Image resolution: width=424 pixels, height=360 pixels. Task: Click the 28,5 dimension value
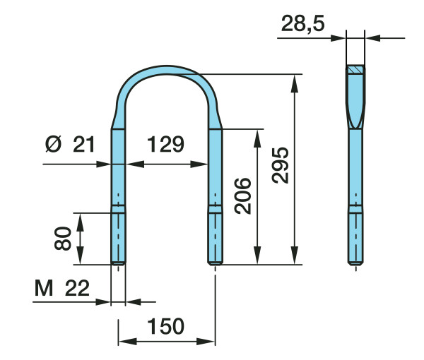point(302,24)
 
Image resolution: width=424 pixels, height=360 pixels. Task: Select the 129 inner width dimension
point(165,144)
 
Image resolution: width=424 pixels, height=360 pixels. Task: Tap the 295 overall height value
point(281,165)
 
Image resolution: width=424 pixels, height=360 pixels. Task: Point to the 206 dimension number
point(242,196)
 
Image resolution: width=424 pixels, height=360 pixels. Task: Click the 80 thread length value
point(62,239)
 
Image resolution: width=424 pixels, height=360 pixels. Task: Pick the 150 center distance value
point(165,326)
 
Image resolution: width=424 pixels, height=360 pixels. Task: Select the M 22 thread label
point(62,288)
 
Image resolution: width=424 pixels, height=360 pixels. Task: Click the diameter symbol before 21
point(53,144)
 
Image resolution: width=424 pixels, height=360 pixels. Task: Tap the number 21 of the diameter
point(83,144)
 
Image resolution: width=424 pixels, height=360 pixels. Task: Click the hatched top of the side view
point(355,69)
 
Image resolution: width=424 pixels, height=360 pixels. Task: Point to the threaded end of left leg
point(118,239)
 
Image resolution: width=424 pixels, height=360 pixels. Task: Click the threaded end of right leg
point(216,239)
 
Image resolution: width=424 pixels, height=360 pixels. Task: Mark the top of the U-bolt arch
point(167,69)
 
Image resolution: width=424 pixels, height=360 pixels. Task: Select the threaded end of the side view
point(355,239)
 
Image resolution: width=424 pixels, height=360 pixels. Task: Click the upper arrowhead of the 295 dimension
point(295,83)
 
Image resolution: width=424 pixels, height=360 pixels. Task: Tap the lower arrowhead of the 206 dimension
point(257,255)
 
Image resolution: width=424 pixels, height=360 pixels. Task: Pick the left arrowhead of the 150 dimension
point(128,342)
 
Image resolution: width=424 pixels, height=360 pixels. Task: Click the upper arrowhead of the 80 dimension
point(80,222)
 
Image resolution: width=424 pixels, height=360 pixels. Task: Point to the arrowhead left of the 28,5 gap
point(338,38)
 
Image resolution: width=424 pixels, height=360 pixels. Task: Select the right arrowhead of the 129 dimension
point(199,164)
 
